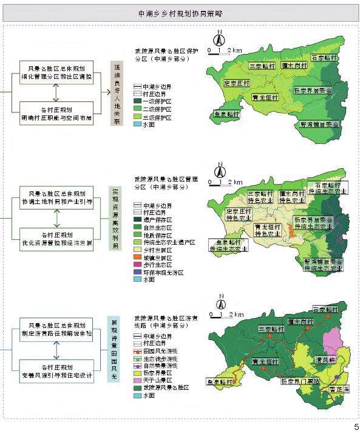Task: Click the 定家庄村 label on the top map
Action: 237,83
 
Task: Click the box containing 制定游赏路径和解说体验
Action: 56,329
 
